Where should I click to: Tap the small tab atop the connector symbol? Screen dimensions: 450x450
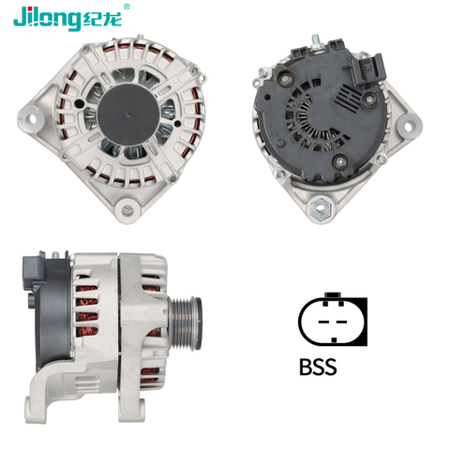coord(330,299)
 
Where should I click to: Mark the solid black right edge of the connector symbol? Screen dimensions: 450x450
coord(362,321)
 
